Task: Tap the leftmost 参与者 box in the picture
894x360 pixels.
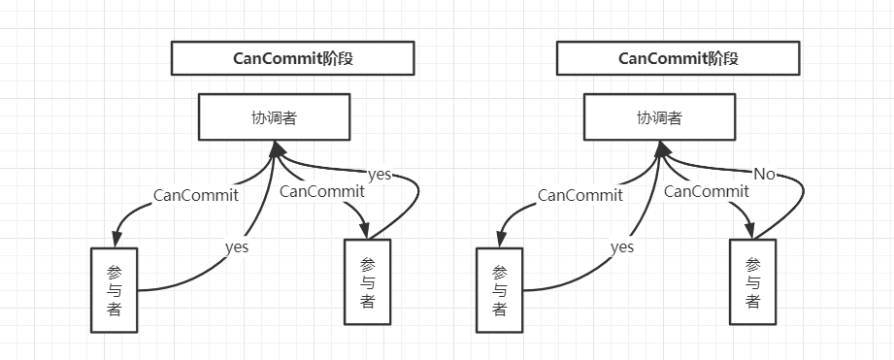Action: pyautogui.click(x=115, y=289)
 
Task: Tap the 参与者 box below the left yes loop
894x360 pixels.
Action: pyautogui.click(x=367, y=281)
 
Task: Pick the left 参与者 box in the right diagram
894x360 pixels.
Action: pyautogui.click(x=499, y=289)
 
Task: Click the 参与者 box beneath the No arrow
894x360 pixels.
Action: pyautogui.click(x=752, y=281)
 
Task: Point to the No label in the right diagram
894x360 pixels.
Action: pyautogui.click(x=766, y=175)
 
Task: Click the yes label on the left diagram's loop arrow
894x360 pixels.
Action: pyautogui.click(x=380, y=175)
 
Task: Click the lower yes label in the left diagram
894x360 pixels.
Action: pyautogui.click(x=237, y=247)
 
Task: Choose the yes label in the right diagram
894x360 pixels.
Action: pyautogui.click(x=622, y=247)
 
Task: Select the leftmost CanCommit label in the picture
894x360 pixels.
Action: pyautogui.click(x=196, y=195)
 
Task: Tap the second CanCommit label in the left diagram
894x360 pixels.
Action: pyautogui.click(x=322, y=191)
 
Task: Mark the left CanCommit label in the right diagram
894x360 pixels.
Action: pyautogui.click(x=580, y=195)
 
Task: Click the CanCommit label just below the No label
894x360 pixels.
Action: pyautogui.click(x=707, y=191)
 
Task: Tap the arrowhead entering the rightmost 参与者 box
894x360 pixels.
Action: pyautogui.click(x=750, y=232)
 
